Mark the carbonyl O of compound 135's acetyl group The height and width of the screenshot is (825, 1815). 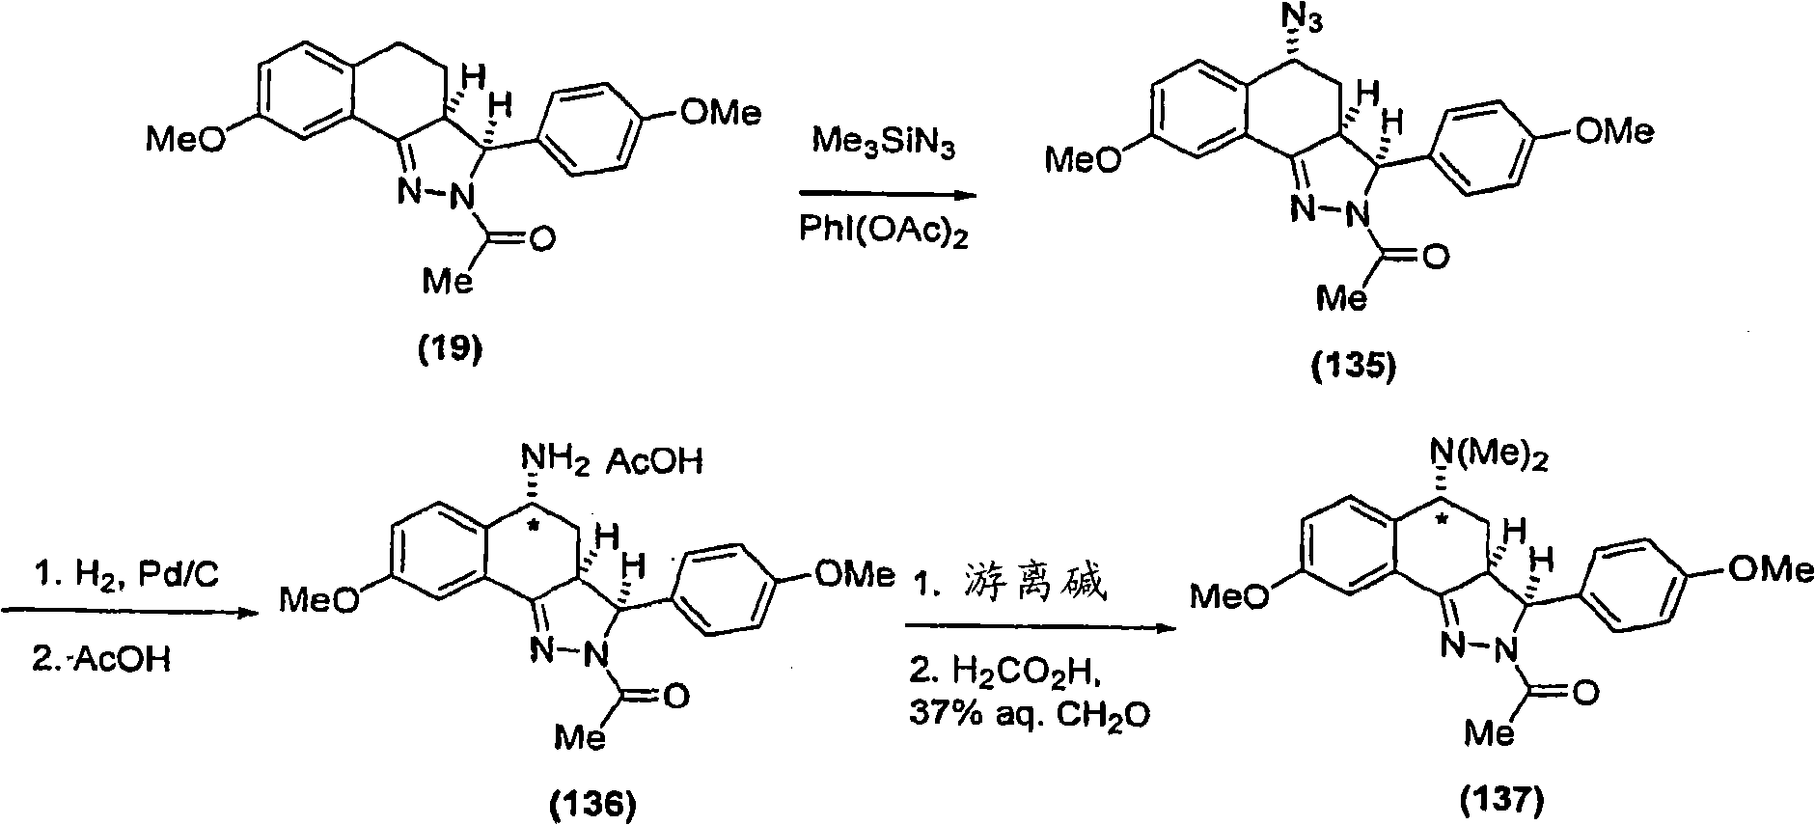[x=1436, y=257]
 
